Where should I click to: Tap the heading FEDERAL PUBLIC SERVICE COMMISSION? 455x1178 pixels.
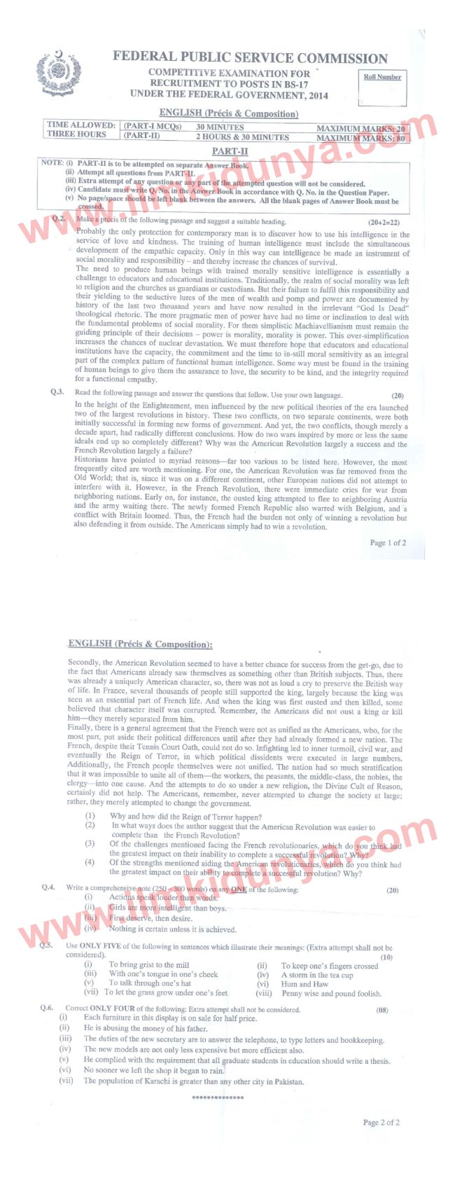(x=250, y=58)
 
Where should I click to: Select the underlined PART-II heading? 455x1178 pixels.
(x=230, y=151)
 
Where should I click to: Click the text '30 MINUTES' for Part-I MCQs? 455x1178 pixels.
(x=220, y=127)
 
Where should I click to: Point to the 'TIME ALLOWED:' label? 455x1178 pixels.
(x=80, y=125)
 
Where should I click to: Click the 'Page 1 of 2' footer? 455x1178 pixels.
(x=388, y=543)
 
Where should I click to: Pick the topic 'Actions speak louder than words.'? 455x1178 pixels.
(x=163, y=897)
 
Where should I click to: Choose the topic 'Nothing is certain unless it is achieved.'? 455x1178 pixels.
(x=172, y=929)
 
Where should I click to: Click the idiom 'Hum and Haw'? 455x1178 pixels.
(x=304, y=984)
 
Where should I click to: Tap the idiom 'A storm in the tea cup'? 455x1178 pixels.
(x=317, y=974)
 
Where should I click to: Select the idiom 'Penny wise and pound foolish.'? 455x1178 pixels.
(x=332, y=993)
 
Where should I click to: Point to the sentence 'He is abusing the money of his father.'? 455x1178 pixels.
(x=146, y=1028)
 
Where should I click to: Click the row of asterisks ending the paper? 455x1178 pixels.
(x=218, y=1097)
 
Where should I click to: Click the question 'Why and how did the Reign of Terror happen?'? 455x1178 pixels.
(x=185, y=817)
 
